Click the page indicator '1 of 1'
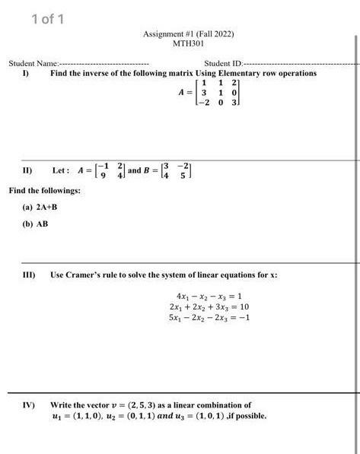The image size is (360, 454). [x=47, y=18]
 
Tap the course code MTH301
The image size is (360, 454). [x=187, y=43]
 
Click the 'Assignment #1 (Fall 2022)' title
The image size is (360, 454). [x=188, y=34]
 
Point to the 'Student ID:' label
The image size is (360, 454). [x=222, y=63]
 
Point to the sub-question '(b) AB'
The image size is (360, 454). [x=36, y=224]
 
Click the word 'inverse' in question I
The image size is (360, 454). [x=94, y=73]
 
